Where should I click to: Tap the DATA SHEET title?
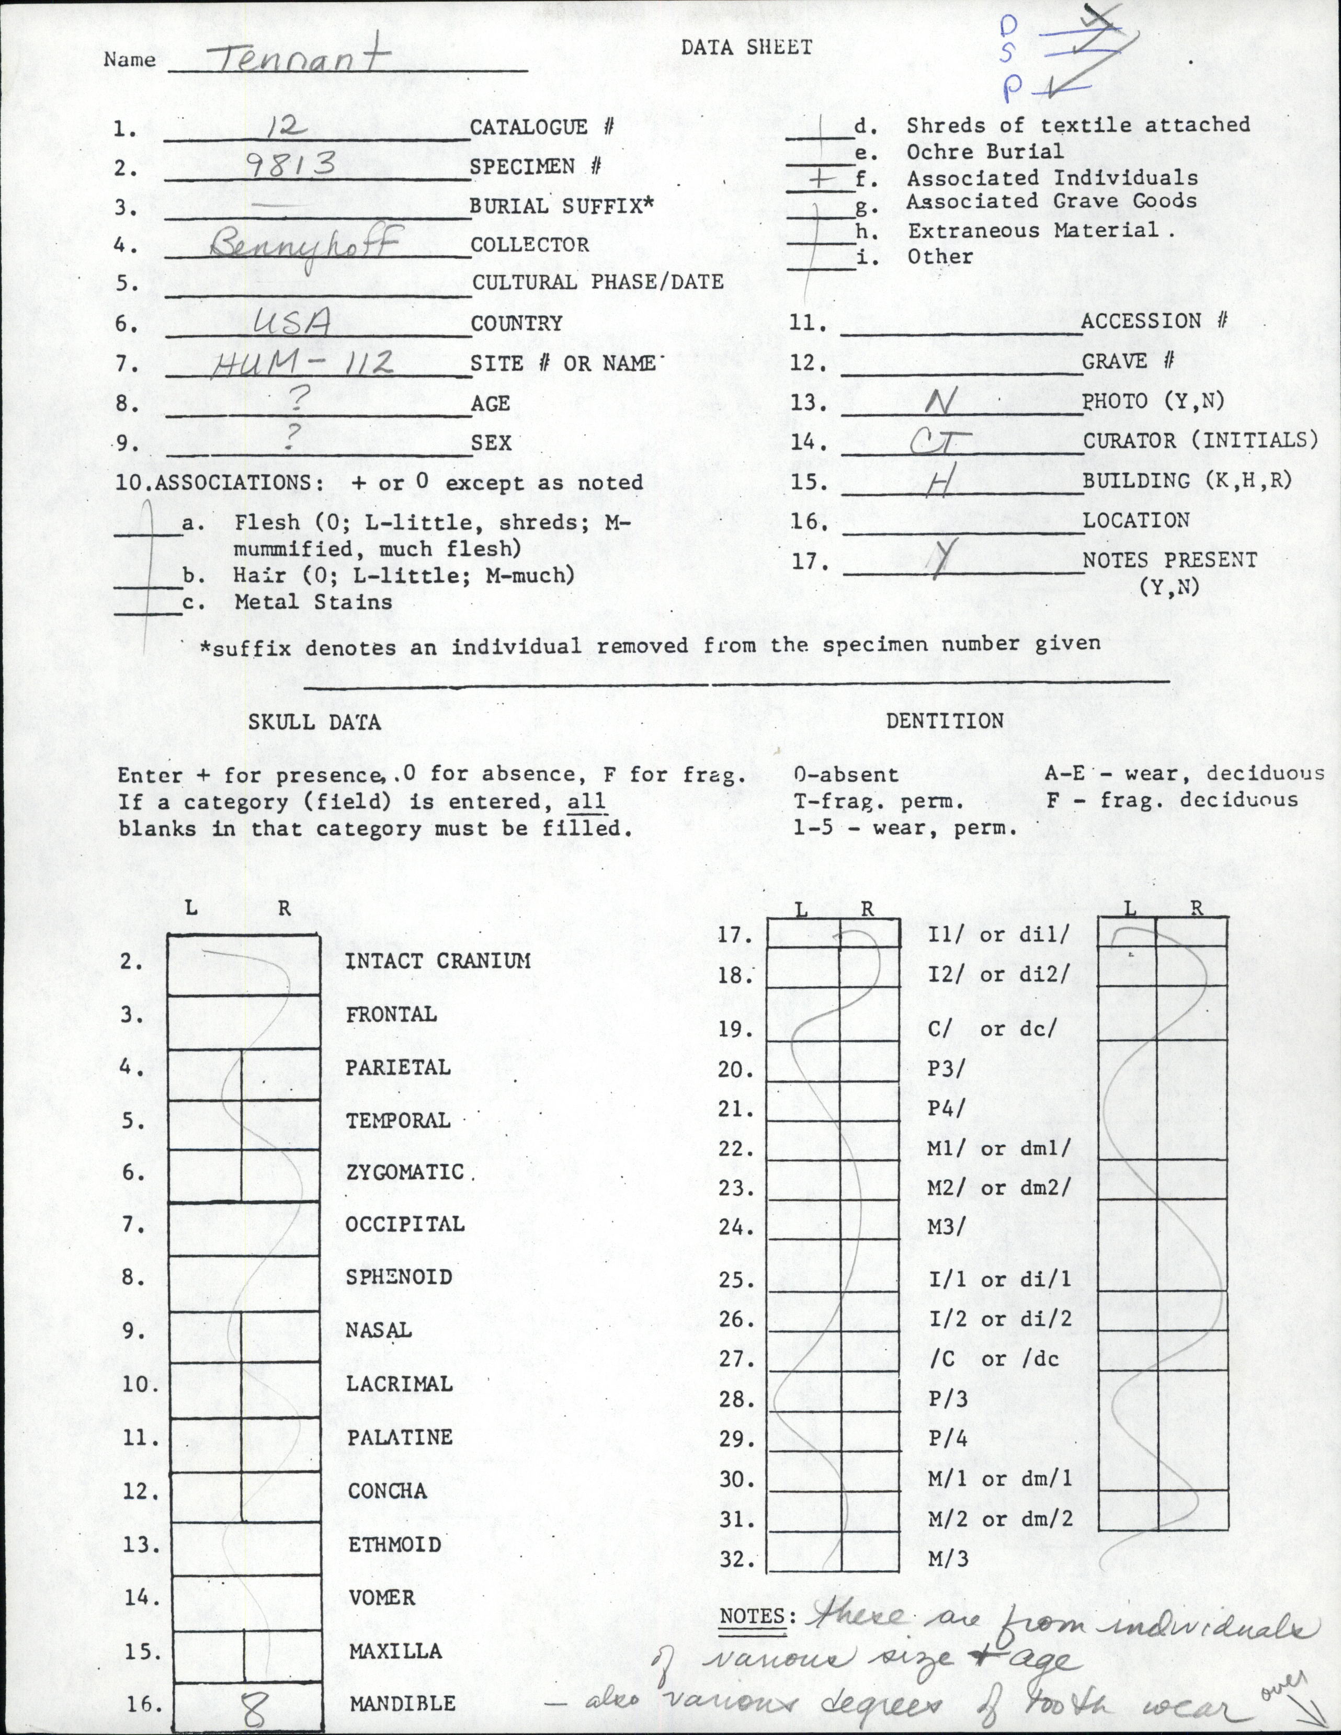[x=746, y=48]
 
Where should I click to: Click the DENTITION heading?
[x=945, y=721]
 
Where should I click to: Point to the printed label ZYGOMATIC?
[x=404, y=1172]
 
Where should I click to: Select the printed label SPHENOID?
[x=399, y=1277]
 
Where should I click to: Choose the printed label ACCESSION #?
[x=1154, y=321]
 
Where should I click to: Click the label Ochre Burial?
[x=984, y=151]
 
